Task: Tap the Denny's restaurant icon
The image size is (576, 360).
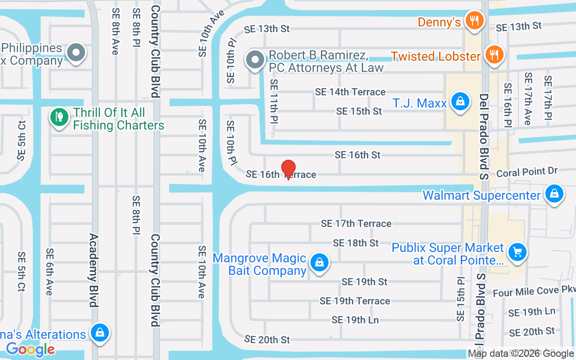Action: [473, 20]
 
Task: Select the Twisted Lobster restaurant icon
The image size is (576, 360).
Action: [494, 55]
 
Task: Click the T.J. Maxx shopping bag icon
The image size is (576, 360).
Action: [460, 102]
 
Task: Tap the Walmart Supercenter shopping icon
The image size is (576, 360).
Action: [554, 194]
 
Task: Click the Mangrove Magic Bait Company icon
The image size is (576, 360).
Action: [319, 262]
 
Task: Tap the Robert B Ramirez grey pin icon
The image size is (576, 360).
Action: [255, 59]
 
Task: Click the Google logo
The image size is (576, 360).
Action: [31, 349]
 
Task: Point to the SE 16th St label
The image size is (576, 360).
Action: [357, 155]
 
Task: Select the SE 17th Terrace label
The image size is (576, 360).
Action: [356, 223]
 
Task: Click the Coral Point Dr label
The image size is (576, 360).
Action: [526, 172]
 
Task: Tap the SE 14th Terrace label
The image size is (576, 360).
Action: [350, 92]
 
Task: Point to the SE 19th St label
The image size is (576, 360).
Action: [364, 282]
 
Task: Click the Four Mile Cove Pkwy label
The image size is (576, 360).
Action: [534, 292]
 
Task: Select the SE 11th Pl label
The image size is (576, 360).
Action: [274, 102]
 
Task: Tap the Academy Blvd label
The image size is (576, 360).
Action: [93, 270]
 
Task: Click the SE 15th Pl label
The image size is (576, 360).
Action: [460, 299]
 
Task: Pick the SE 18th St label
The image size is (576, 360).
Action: [355, 243]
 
